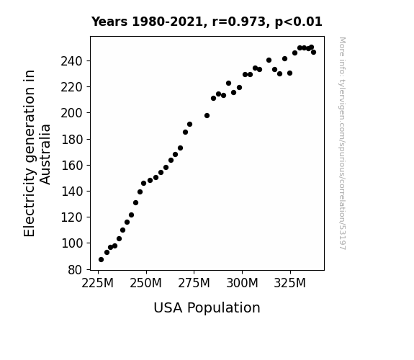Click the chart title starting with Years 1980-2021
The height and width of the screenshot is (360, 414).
[x=207, y=22]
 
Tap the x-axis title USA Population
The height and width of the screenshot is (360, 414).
[x=207, y=308]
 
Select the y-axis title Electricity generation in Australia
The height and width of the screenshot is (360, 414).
[x=37, y=153]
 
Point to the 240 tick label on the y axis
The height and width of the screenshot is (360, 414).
[x=72, y=61]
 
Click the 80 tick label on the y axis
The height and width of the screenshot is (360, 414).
[x=76, y=270]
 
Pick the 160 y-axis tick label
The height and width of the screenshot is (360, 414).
[x=72, y=166]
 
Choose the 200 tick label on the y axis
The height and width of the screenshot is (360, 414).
[x=72, y=114]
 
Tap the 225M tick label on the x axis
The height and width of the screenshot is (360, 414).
[x=98, y=284]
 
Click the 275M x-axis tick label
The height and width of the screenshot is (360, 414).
[x=194, y=284]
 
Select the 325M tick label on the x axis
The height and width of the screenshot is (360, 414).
[x=290, y=284]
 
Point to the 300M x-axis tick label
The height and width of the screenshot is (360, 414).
[x=242, y=284]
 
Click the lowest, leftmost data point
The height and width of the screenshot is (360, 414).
[x=101, y=260]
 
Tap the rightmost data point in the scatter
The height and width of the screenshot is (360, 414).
[x=313, y=53]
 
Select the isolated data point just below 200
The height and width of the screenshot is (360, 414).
[x=207, y=116]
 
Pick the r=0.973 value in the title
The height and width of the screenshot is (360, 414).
[x=239, y=22]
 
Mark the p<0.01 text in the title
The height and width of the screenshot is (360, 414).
[x=298, y=22]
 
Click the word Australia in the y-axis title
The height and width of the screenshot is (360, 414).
[x=45, y=154]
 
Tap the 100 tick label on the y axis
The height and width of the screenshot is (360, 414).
[x=72, y=243]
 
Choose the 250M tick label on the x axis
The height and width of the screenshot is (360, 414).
[x=145, y=284]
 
